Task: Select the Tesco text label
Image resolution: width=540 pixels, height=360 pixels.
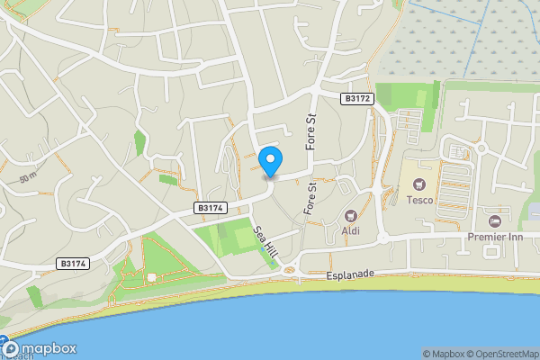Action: click(418, 200)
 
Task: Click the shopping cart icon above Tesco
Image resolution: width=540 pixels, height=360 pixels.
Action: click(418, 183)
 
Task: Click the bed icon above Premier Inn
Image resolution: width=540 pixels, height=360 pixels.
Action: click(493, 221)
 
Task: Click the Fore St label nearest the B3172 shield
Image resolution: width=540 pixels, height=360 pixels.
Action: click(312, 130)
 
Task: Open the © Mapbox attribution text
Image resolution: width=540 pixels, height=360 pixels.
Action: click(444, 354)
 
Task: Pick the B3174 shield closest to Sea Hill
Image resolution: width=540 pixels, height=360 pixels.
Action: click(209, 208)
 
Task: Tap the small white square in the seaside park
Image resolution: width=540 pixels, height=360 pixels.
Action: click(152, 276)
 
